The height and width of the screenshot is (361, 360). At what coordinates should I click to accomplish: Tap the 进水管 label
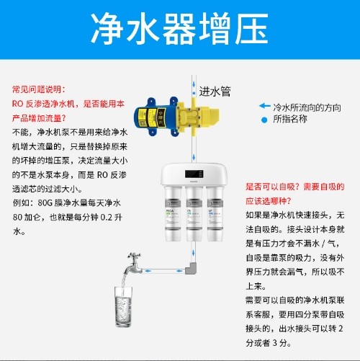click(215, 92)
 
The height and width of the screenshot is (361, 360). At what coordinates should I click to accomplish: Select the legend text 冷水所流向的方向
click(307, 106)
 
